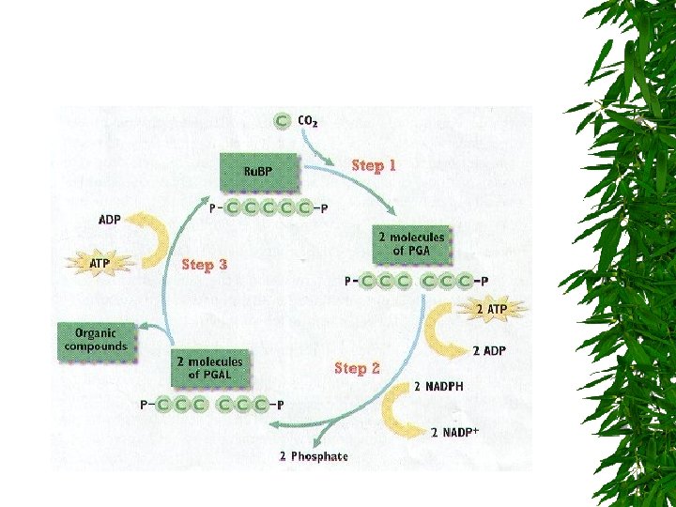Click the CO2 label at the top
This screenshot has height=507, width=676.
tap(307, 122)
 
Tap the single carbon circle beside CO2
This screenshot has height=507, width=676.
tap(282, 122)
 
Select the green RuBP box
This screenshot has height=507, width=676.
tap(258, 171)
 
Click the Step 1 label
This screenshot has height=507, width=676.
tap(374, 165)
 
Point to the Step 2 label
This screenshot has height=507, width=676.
tap(357, 368)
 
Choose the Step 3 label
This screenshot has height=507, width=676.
tap(204, 265)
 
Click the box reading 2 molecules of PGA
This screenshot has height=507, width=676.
tap(411, 243)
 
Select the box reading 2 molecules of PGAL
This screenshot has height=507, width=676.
tap(209, 367)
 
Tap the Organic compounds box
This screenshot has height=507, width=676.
tap(96, 339)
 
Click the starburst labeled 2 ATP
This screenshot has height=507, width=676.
tap(494, 309)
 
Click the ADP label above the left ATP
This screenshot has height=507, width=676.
tap(110, 220)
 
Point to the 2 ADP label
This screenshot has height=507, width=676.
tap(489, 351)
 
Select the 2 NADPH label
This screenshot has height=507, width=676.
tap(438, 386)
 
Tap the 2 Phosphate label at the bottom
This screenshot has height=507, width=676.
tap(314, 457)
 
